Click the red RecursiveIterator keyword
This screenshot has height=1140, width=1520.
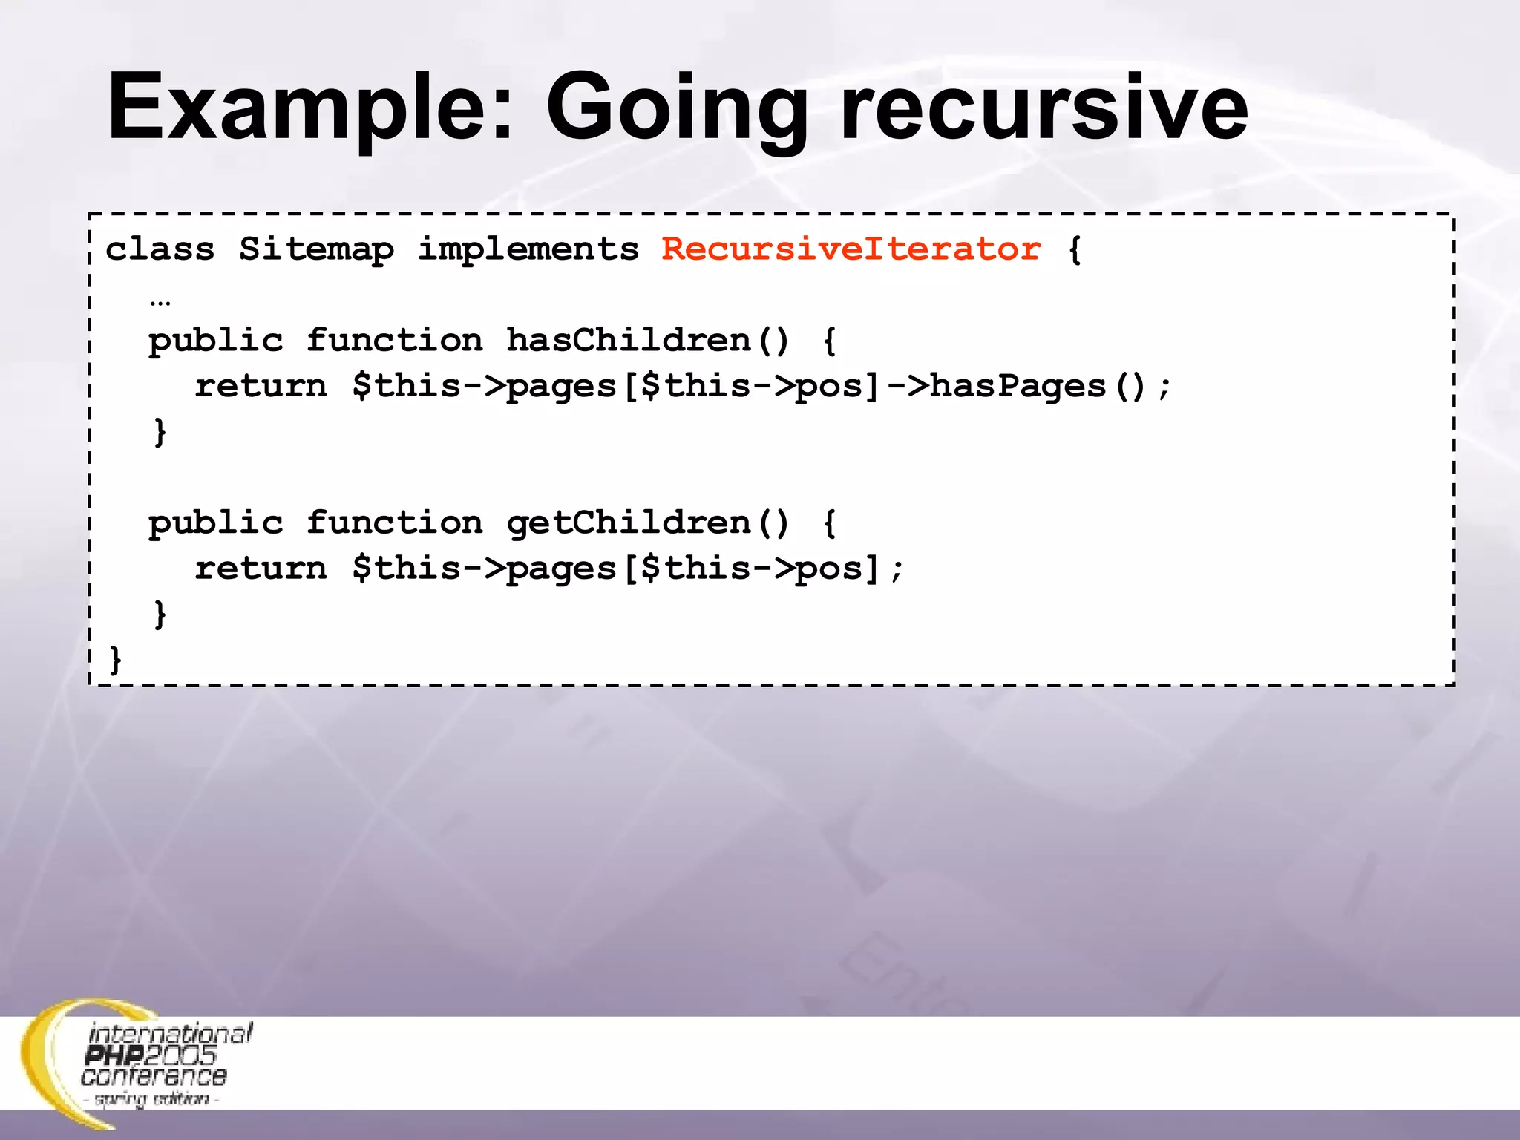point(851,249)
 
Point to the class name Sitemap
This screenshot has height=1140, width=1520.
point(316,249)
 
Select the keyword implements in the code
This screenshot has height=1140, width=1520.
point(528,249)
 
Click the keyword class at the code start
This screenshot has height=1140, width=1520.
point(160,249)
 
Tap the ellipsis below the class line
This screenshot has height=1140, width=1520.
point(160,301)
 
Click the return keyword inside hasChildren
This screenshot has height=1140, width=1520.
point(261,386)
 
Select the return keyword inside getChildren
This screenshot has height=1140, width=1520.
point(261,569)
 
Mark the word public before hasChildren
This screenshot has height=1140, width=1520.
point(216,341)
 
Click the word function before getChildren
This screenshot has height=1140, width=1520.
point(394,523)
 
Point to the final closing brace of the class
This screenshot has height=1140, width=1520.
point(116,659)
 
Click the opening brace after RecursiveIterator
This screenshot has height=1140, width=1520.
point(1075,249)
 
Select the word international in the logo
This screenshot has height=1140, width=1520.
point(171,1032)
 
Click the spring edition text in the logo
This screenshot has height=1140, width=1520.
point(151,1099)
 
